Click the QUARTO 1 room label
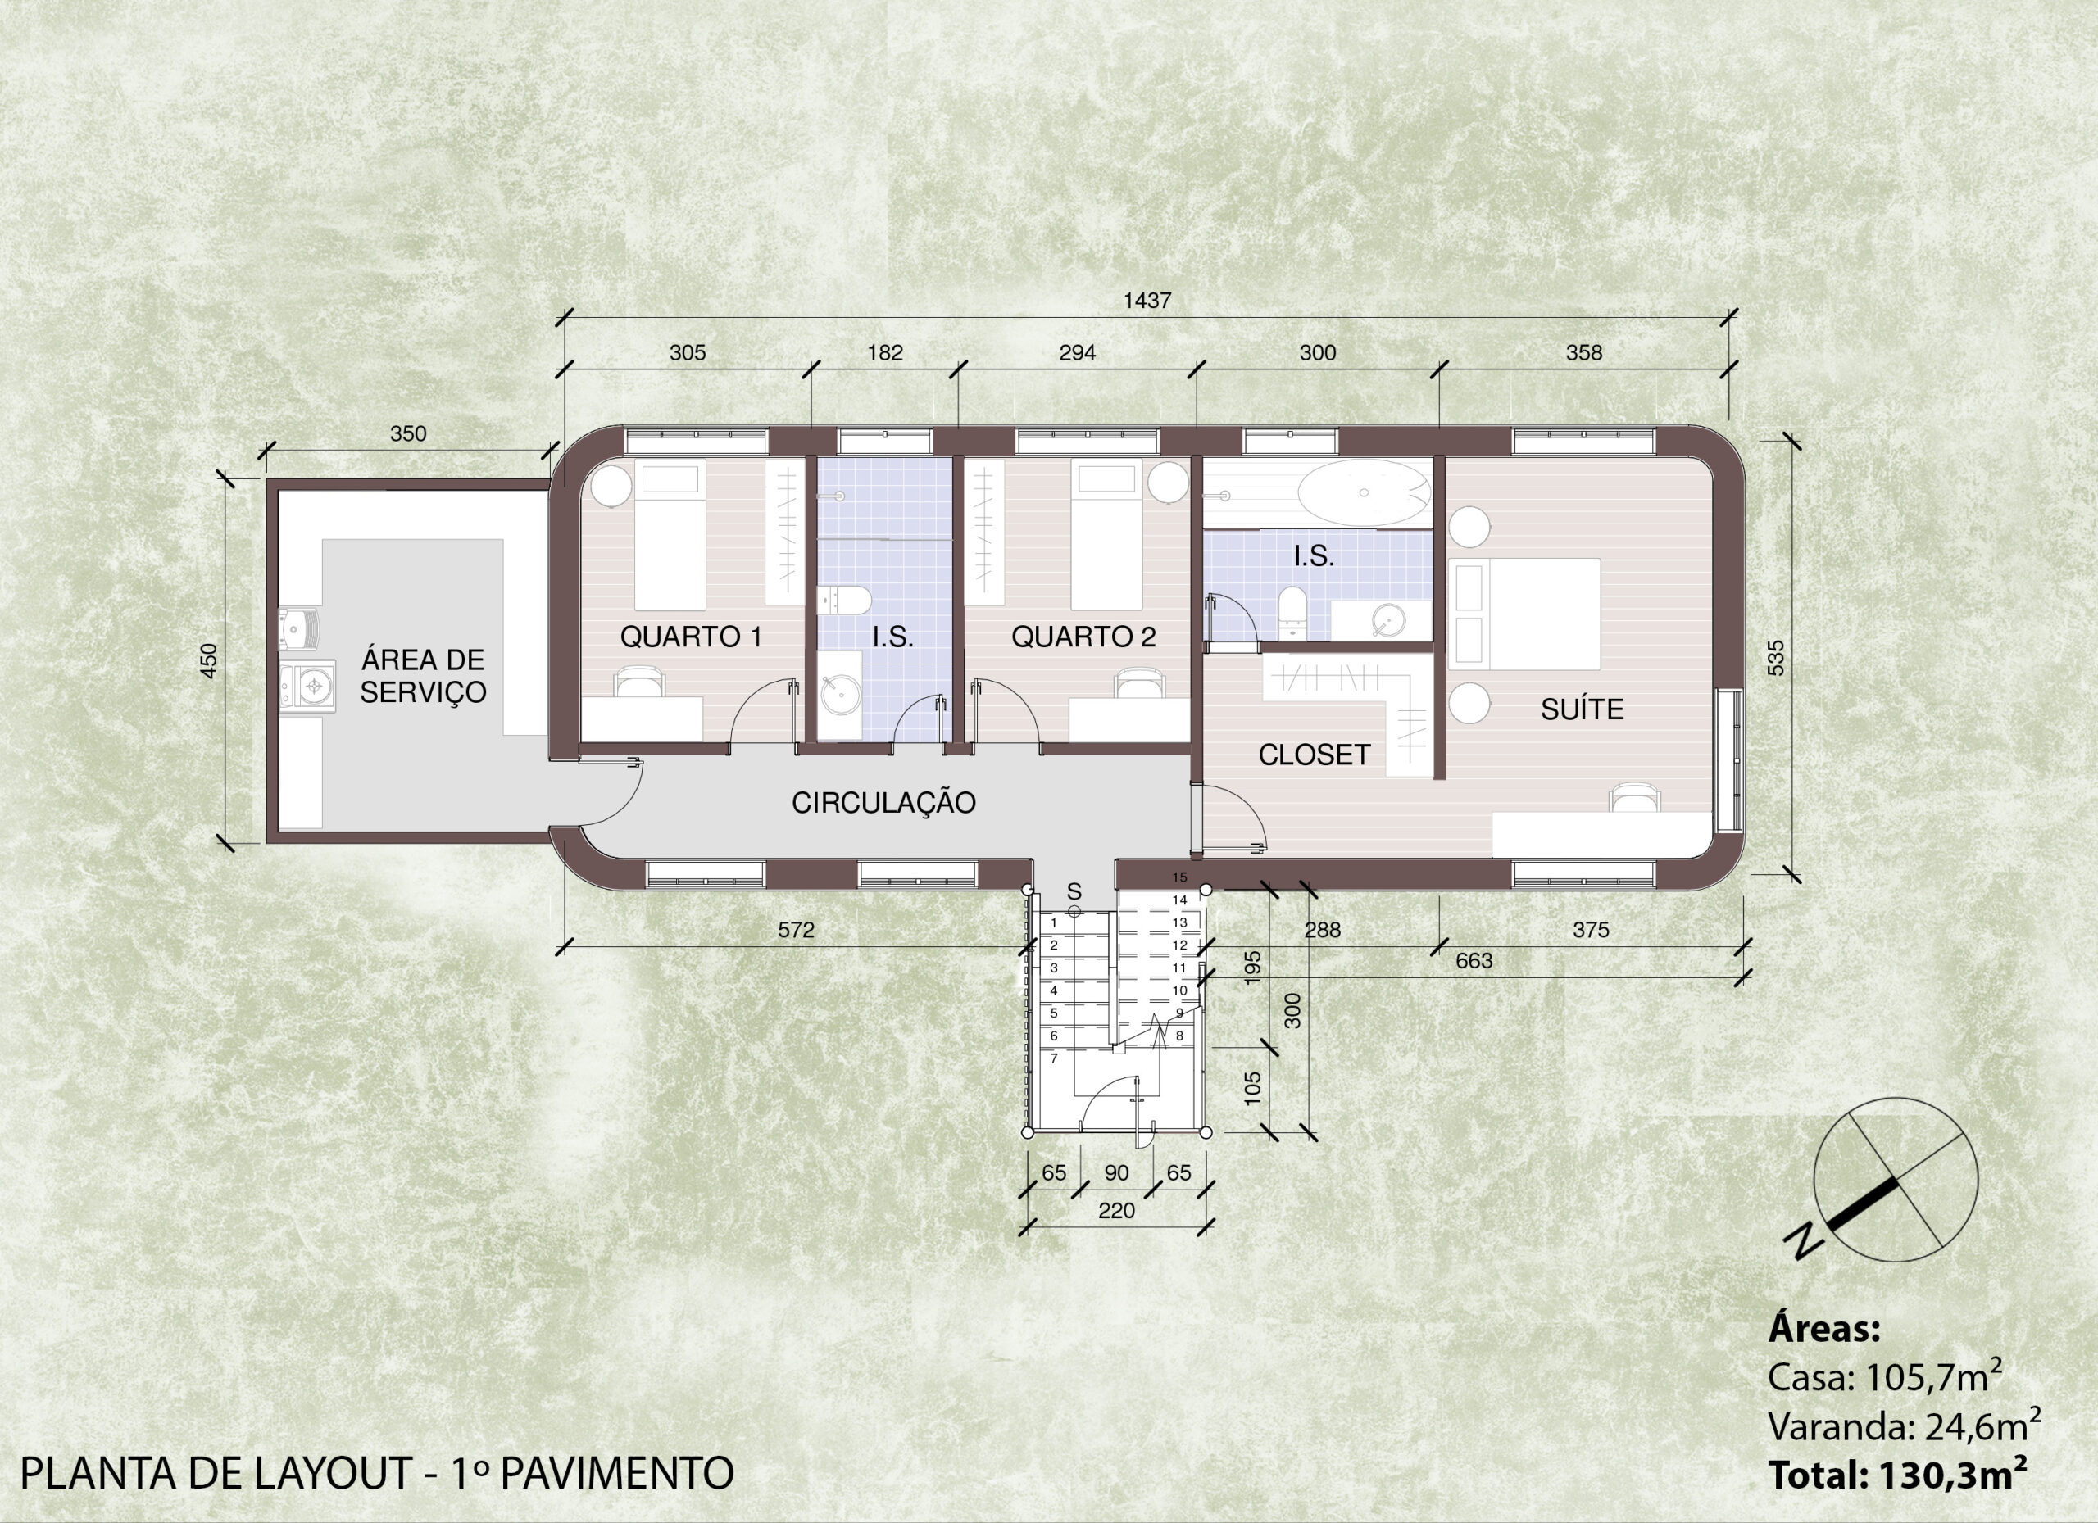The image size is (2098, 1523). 691,637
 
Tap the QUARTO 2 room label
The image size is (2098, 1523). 1083,637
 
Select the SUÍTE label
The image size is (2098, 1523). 1582,709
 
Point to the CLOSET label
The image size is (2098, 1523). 1314,755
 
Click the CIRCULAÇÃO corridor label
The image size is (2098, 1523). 883,802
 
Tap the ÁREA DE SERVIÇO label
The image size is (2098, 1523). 423,676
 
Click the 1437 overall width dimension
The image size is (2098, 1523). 1147,301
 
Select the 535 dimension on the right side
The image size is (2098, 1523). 1775,658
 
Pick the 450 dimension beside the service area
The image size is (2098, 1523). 209,660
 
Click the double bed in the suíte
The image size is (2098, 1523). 1524,613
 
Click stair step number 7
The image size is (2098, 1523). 1054,1058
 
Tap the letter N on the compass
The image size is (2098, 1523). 1805,1240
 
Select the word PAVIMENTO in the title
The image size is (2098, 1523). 617,1473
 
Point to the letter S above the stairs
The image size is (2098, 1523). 1074,891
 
